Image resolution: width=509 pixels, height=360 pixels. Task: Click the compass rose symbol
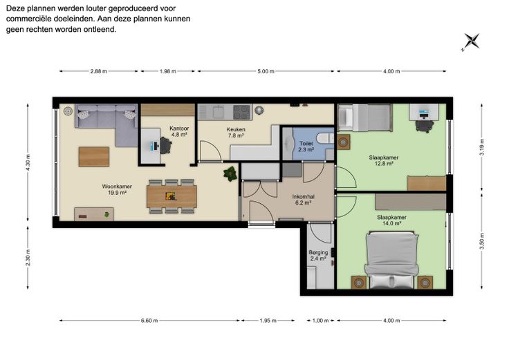pyautogui.click(x=471, y=42)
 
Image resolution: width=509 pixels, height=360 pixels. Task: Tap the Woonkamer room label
pyautogui.click(x=117, y=189)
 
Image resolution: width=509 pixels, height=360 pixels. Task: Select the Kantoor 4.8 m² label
pyautogui.click(x=179, y=131)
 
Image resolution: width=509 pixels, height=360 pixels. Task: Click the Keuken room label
pyautogui.click(x=236, y=133)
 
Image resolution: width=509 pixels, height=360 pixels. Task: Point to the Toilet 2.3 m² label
pyautogui.click(x=306, y=146)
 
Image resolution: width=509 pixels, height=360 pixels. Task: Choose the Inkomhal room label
pyautogui.click(x=303, y=200)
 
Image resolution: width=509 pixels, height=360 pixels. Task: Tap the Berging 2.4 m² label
pyautogui.click(x=318, y=255)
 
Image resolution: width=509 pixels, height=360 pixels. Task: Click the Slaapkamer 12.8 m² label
pyautogui.click(x=383, y=160)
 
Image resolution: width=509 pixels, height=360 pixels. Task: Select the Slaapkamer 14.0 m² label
pyautogui.click(x=391, y=220)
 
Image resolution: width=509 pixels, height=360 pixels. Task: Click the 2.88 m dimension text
pyautogui.click(x=99, y=71)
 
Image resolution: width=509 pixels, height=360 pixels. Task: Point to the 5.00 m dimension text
pyautogui.click(x=266, y=71)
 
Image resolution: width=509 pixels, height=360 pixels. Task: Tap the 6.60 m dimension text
pyautogui.click(x=149, y=321)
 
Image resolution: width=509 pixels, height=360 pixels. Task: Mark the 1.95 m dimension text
pyautogui.click(x=268, y=321)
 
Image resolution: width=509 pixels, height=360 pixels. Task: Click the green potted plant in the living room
pyautogui.click(x=230, y=174)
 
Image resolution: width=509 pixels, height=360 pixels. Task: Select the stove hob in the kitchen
pyautogui.click(x=241, y=112)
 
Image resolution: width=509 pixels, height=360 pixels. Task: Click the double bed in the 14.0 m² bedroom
pyautogui.click(x=391, y=260)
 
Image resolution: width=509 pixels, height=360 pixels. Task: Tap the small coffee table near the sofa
pyautogui.click(x=94, y=157)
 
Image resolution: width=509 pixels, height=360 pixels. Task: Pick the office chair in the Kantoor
pyautogui.click(x=165, y=146)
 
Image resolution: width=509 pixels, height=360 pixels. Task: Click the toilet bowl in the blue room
pyautogui.click(x=324, y=138)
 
